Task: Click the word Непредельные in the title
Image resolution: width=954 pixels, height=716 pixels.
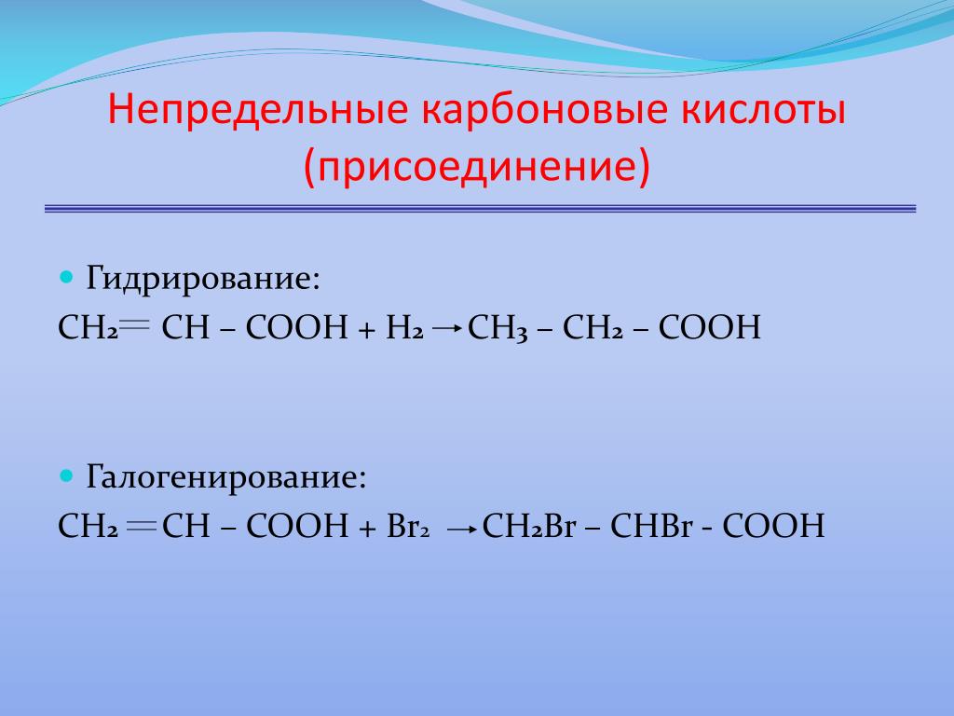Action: [258, 110]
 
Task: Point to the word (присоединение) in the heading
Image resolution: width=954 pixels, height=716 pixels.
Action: [477, 165]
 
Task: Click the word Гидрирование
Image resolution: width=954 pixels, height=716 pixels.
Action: [202, 278]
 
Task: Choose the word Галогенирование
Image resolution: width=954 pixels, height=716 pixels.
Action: [226, 476]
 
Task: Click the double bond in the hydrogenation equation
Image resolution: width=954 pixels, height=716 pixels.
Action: [135, 324]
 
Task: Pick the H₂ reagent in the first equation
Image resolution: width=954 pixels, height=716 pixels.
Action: [404, 327]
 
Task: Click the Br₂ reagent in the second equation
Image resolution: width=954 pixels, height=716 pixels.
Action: [408, 526]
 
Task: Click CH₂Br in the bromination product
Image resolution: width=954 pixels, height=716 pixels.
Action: [529, 526]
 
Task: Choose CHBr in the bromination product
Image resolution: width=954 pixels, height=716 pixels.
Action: [651, 526]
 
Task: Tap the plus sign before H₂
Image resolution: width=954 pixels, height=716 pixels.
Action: [367, 329]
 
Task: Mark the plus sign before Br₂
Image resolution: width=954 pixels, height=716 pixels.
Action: [367, 528]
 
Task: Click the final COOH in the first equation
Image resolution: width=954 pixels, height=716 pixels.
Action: [709, 327]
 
